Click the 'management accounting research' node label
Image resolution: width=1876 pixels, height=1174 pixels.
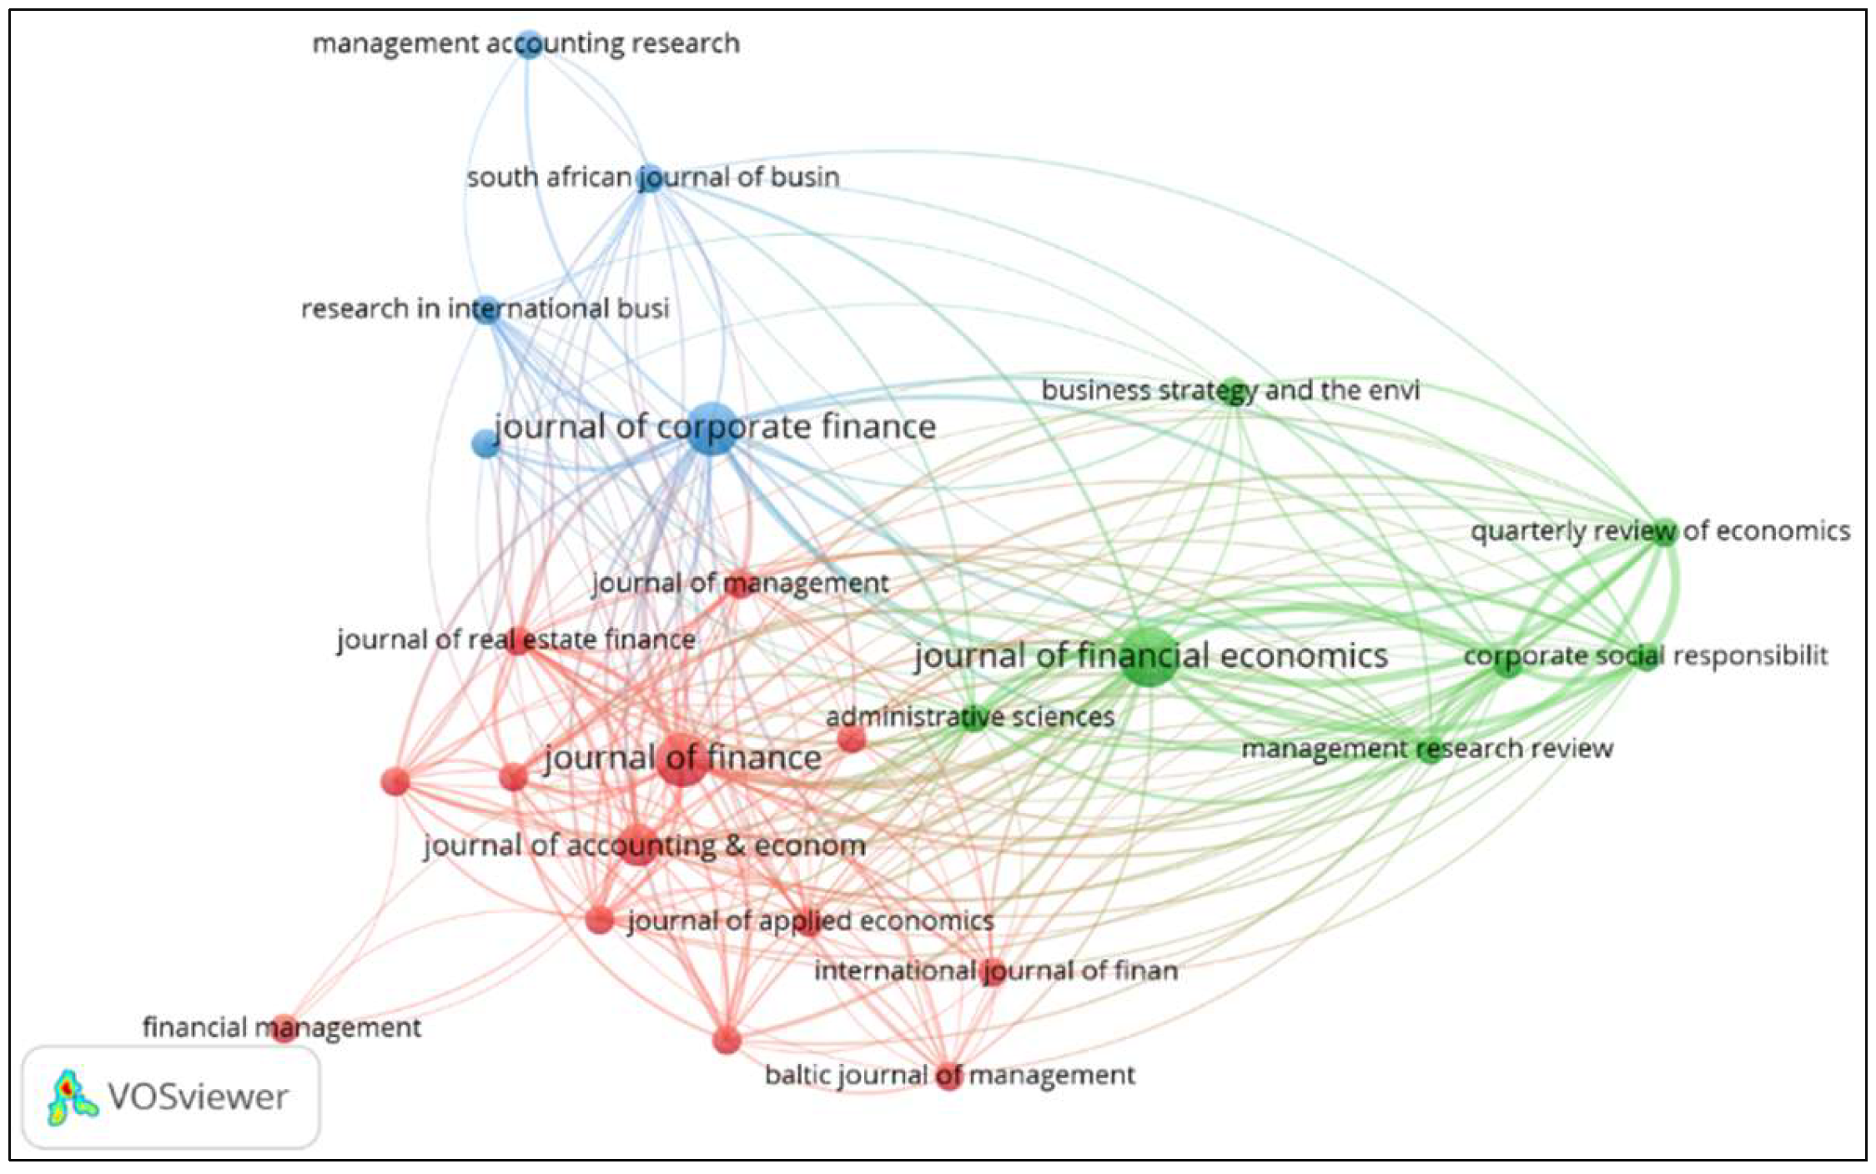click(x=526, y=43)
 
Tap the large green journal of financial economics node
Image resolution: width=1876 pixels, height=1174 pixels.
click(x=1149, y=657)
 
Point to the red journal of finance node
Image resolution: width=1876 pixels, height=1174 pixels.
click(x=682, y=760)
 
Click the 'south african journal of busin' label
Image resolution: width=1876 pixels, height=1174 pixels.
click(x=653, y=178)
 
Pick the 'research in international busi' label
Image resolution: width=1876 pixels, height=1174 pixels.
click(x=485, y=309)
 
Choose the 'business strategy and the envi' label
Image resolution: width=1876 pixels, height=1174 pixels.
click(x=1230, y=390)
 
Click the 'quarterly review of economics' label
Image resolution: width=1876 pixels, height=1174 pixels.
click(x=1660, y=531)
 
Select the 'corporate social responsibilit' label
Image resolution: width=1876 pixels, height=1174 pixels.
click(x=1646, y=656)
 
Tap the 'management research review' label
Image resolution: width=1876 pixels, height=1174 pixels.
click(x=1427, y=748)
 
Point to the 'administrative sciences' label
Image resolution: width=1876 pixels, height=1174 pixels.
click(x=970, y=717)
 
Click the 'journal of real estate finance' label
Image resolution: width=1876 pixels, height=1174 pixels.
click(x=516, y=640)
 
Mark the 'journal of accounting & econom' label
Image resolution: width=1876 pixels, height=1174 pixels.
click(x=645, y=846)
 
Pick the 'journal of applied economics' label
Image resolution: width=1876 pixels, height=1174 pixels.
click(x=811, y=921)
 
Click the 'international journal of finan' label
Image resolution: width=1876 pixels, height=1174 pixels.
click(x=996, y=971)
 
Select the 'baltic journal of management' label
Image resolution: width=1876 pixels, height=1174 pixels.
click(x=950, y=1076)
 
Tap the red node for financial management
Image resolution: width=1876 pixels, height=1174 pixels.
click(x=284, y=1028)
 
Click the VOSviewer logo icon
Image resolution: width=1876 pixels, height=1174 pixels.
click(x=72, y=1097)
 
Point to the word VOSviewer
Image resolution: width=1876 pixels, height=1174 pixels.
click(x=199, y=1097)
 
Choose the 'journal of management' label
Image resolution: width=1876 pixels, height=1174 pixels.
click(x=741, y=584)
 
